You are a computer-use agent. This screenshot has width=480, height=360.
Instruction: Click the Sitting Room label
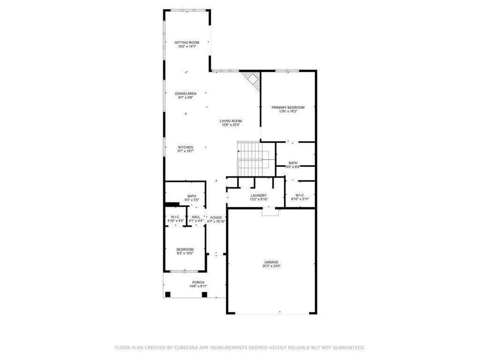click(x=187, y=43)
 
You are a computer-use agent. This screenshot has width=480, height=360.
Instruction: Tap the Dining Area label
click(x=186, y=94)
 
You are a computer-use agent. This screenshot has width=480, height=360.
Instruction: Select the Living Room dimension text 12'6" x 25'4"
click(x=231, y=125)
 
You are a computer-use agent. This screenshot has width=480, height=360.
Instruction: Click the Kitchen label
click(x=186, y=147)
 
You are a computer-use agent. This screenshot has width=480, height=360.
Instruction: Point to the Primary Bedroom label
click(x=288, y=107)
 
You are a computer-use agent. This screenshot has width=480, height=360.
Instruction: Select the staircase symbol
click(x=253, y=160)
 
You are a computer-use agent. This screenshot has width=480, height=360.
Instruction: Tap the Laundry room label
click(x=258, y=195)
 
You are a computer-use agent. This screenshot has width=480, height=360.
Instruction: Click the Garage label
click(x=271, y=262)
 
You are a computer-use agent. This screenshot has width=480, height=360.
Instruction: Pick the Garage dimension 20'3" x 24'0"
click(x=271, y=266)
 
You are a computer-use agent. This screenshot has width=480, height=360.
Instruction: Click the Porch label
click(x=198, y=282)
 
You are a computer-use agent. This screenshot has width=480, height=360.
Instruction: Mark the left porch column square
click(x=168, y=294)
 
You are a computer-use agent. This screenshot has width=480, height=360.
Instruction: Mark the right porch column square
click(x=204, y=294)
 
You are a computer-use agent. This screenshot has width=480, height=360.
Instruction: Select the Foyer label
click(x=216, y=217)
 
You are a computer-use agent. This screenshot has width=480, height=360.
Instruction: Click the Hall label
click(x=195, y=217)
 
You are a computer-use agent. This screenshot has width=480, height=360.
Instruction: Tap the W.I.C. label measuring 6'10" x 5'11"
click(x=300, y=195)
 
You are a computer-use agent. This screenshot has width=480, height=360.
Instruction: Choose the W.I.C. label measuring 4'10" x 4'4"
click(x=175, y=217)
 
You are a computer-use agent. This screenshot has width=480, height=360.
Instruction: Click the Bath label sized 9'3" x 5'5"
click(x=192, y=196)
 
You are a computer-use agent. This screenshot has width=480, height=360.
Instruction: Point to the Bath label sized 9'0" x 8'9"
click(x=293, y=163)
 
